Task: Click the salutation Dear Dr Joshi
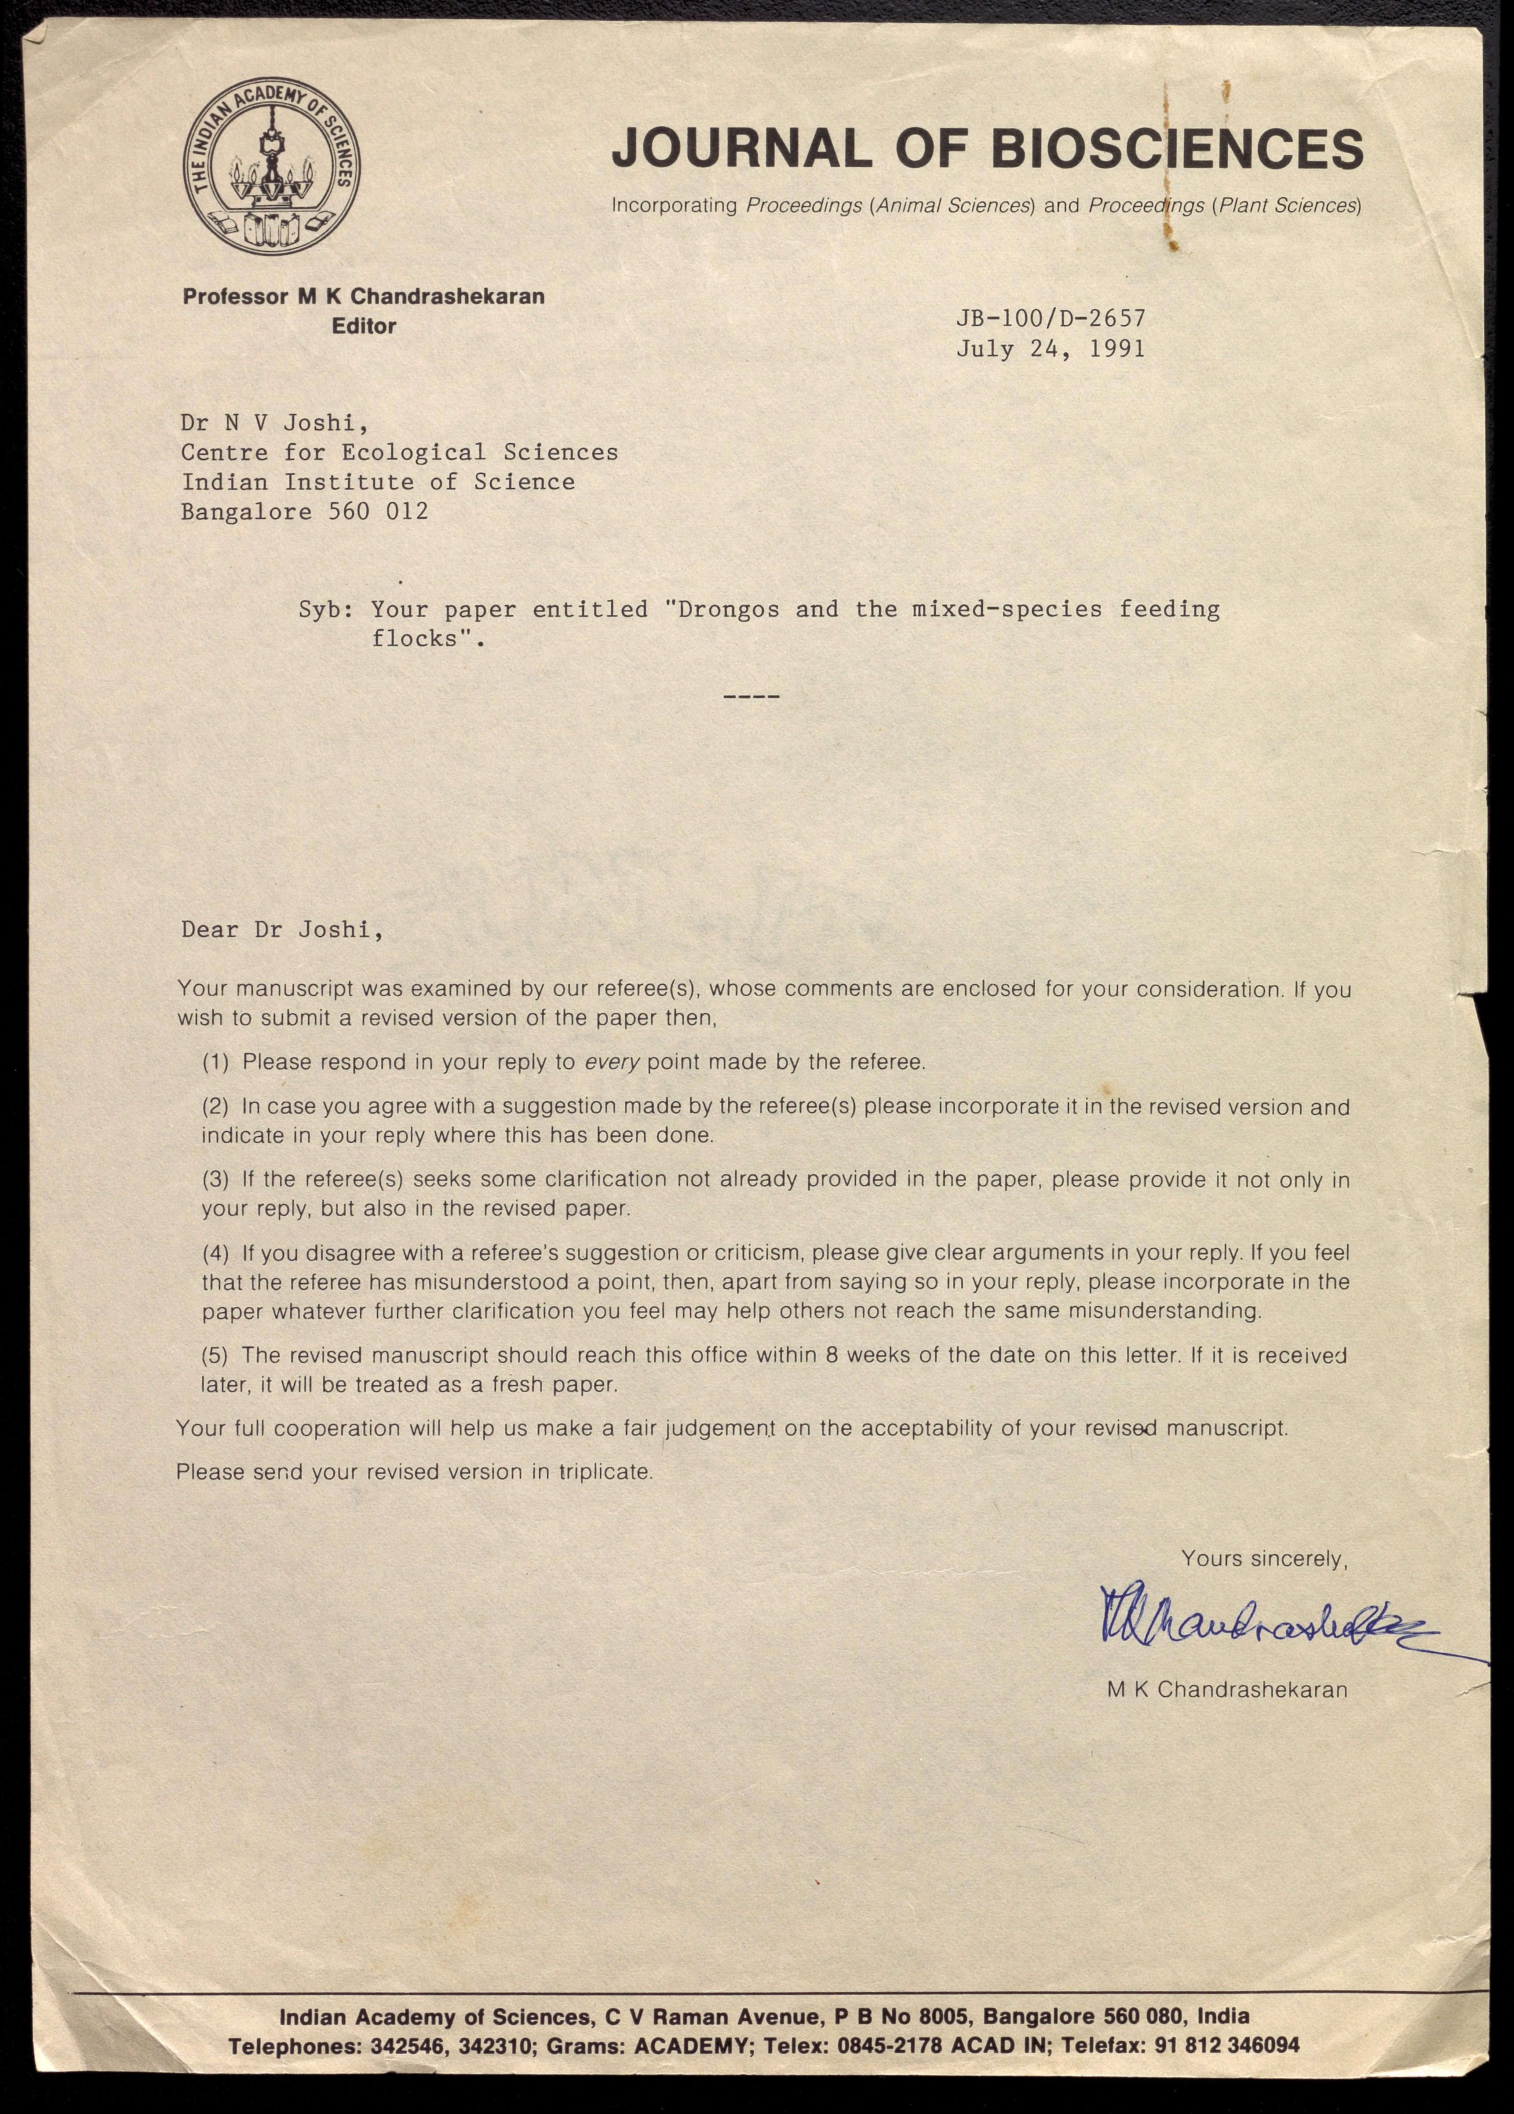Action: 281,930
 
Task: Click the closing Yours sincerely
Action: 1263,1559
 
